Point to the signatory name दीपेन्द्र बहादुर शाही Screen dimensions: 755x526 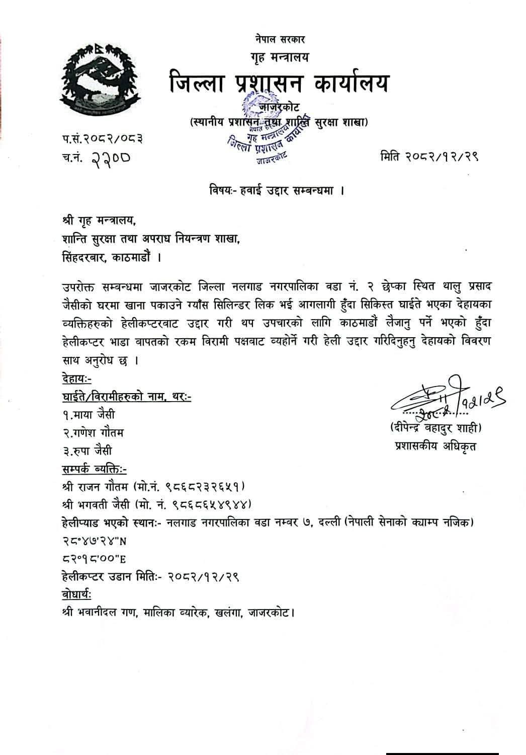[x=435, y=428]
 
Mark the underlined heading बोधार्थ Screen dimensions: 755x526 [x=75, y=595]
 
